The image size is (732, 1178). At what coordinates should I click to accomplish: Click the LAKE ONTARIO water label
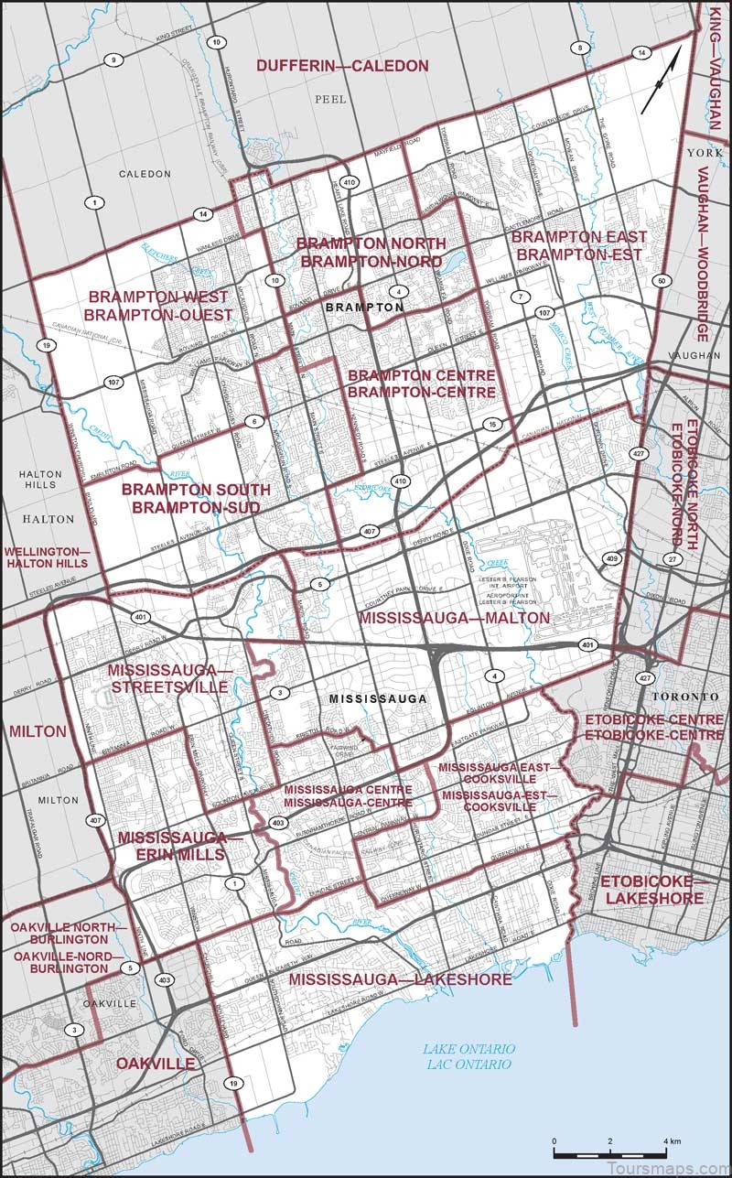tap(469, 1056)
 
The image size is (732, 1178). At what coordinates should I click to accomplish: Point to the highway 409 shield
tap(611, 557)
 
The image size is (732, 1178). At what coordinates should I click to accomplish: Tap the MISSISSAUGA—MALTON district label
tap(454, 618)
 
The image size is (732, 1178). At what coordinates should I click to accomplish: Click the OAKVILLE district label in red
tap(156, 1064)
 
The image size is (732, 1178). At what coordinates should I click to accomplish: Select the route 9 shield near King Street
tap(115, 60)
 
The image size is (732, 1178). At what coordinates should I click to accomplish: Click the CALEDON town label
tap(145, 173)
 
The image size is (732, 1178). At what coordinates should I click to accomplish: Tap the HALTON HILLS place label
tap(38, 480)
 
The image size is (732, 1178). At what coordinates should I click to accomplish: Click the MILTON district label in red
tap(38, 731)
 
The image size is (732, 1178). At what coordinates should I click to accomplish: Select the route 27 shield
tap(673, 558)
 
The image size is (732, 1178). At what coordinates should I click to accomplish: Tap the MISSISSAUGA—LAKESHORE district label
tap(400, 979)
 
